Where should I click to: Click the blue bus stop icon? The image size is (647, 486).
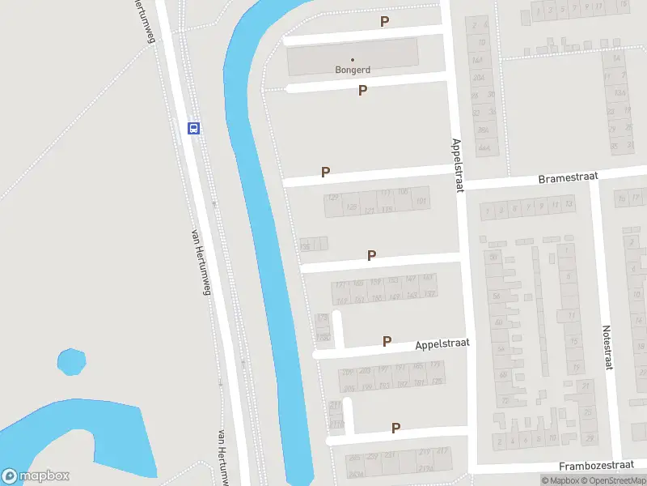[x=194, y=128]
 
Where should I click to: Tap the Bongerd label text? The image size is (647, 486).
[x=353, y=70]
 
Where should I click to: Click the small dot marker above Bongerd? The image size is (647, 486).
[x=353, y=59]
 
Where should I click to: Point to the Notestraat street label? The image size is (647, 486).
[x=607, y=348]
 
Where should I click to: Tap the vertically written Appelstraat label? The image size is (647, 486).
[x=458, y=164]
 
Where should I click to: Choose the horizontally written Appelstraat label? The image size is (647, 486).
[x=442, y=343]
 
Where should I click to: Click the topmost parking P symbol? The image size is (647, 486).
[x=385, y=22]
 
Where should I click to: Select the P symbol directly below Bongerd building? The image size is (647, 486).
[x=363, y=91]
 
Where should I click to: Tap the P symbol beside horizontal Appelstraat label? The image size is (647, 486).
[x=387, y=342]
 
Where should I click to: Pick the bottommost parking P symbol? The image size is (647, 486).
[x=396, y=428]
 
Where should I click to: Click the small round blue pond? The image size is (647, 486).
[x=71, y=361]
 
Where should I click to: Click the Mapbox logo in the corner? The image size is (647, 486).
[x=36, y=476]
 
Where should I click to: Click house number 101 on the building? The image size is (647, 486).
[x=421, y=201]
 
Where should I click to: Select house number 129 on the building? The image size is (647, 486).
[x=332, y=197]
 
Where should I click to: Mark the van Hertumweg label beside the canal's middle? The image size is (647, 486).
[x=200, y=261]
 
